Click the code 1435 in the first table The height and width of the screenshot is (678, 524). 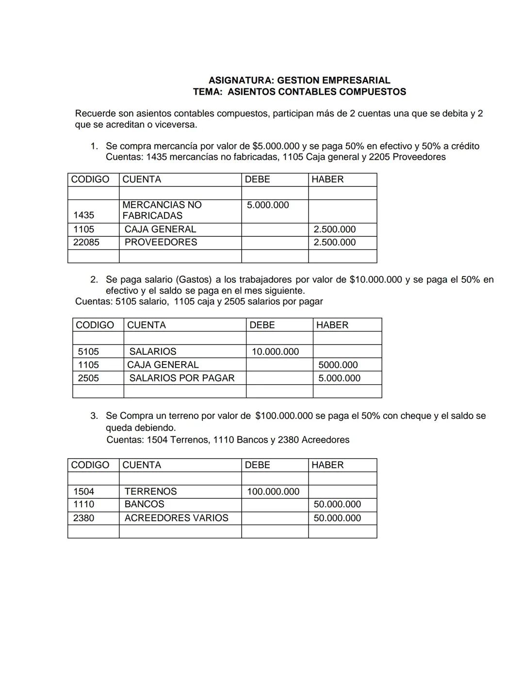(x=84, y=215)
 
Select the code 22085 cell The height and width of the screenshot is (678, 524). (x=86, y=242)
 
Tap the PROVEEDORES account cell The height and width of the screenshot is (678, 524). (x=161, y=242)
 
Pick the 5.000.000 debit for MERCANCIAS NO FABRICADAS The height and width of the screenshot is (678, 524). (x=268, y=205)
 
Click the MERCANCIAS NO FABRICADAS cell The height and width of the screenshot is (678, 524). (x=162, y=210)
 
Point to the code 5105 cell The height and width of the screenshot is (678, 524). (x=88, y=351)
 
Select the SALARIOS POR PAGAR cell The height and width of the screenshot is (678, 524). (x=181, y=378)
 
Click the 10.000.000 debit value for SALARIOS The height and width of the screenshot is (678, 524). (x=275, y=351)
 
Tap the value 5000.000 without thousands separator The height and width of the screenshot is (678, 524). (x=338, y=365)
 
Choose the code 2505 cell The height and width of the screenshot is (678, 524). (x=88, y=378)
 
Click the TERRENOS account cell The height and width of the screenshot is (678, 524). (x=150, y=491)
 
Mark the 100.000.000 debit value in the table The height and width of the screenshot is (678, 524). (x=273, y=491)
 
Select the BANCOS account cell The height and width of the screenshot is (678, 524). (x=144, y=504)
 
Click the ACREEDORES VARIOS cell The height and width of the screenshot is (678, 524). (x=176, y=518)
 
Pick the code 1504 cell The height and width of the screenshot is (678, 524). (x=84, y=491)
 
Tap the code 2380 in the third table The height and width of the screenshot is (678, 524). (x=84, y=518)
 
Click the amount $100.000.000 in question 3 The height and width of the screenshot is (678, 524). (x=284, y=416)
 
